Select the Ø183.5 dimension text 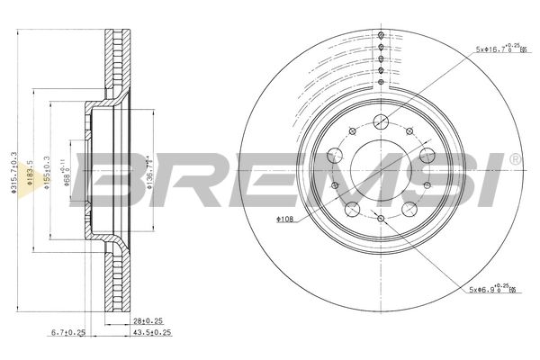30,171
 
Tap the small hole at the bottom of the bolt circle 381,219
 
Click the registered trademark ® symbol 515,160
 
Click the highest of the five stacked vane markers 381,35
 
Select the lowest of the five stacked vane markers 381,82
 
